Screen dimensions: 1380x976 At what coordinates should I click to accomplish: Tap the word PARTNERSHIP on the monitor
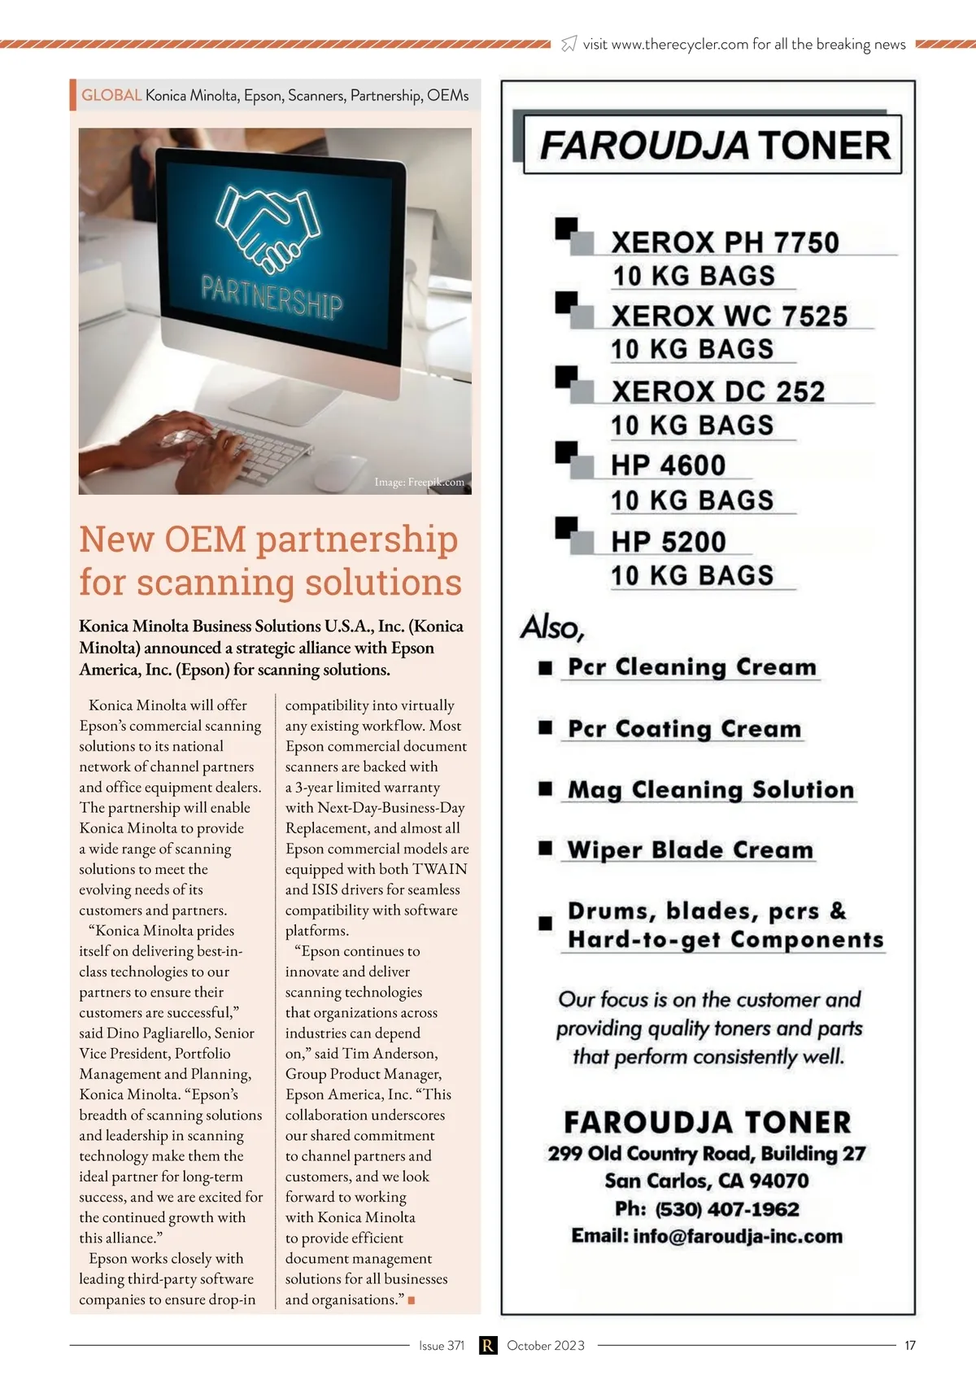tap(272, 296)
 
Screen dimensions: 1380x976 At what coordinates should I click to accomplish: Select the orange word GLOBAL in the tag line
tap(111, 95)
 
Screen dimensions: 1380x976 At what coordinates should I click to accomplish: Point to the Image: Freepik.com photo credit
tap(419, 483)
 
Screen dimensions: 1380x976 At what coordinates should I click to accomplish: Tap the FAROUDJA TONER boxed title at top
tap(714, 146)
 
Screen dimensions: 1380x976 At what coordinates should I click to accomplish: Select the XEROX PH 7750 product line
tap(725, 242)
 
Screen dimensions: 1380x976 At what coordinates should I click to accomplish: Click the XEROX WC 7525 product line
tap(729, 316)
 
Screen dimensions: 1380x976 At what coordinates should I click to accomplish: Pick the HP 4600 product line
tap(669, 465)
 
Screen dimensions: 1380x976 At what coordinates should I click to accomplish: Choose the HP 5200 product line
tap(669, 542)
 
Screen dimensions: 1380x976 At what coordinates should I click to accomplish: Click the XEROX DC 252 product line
tap(718, 391)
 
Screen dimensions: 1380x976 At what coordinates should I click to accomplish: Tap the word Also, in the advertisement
tap(552, 627)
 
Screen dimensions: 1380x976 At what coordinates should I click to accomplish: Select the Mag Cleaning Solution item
tap(710, 789)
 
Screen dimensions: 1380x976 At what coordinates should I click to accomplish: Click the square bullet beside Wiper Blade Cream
tap(546, 849)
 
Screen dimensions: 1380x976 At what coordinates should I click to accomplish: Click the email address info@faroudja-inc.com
tap(738, 1237)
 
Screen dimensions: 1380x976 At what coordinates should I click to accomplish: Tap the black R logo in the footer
tap(487, 1345)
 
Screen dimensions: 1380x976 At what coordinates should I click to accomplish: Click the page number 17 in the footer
tap(910, 1345)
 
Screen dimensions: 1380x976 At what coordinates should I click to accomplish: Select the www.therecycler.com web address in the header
tap(679, 45)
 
